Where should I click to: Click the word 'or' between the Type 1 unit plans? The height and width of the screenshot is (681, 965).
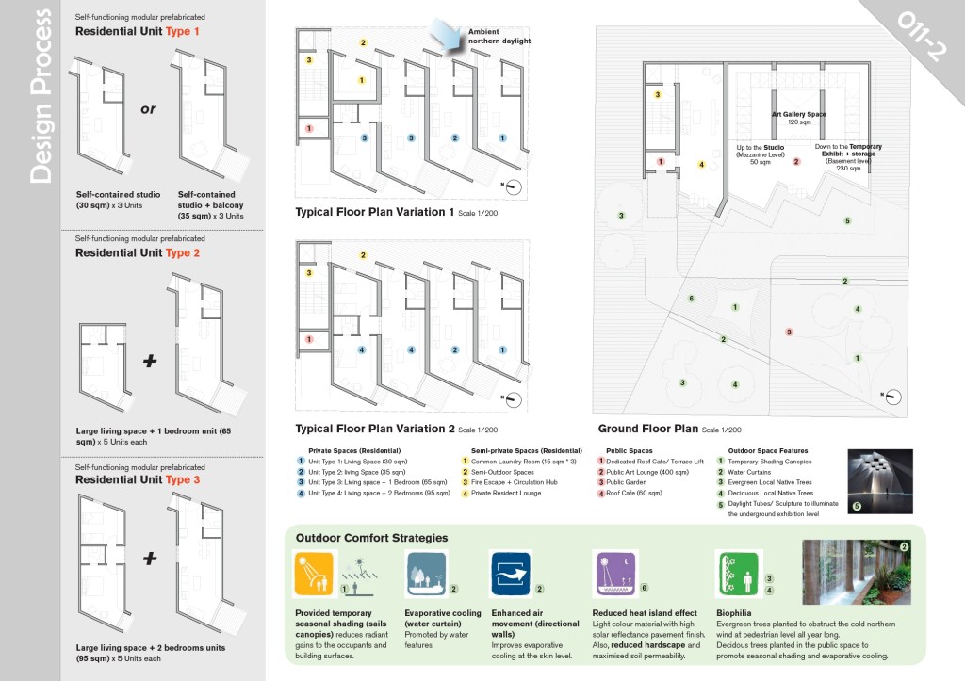(148, 109)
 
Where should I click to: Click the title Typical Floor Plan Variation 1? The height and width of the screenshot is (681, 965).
(375, 212)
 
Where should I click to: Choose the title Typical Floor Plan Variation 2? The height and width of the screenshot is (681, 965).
(376, 429)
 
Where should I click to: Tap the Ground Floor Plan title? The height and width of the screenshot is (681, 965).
(648, 429)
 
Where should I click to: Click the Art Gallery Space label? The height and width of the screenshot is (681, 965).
(798, 114)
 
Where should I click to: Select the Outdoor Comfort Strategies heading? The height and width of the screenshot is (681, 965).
(371, 538)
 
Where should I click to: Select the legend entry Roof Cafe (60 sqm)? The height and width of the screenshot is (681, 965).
(637, 493)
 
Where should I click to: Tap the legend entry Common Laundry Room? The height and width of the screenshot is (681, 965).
(509, 462)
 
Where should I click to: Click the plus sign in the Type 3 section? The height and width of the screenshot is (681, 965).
(149, 559)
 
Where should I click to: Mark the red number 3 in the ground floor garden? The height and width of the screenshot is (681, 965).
(790, 332)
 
